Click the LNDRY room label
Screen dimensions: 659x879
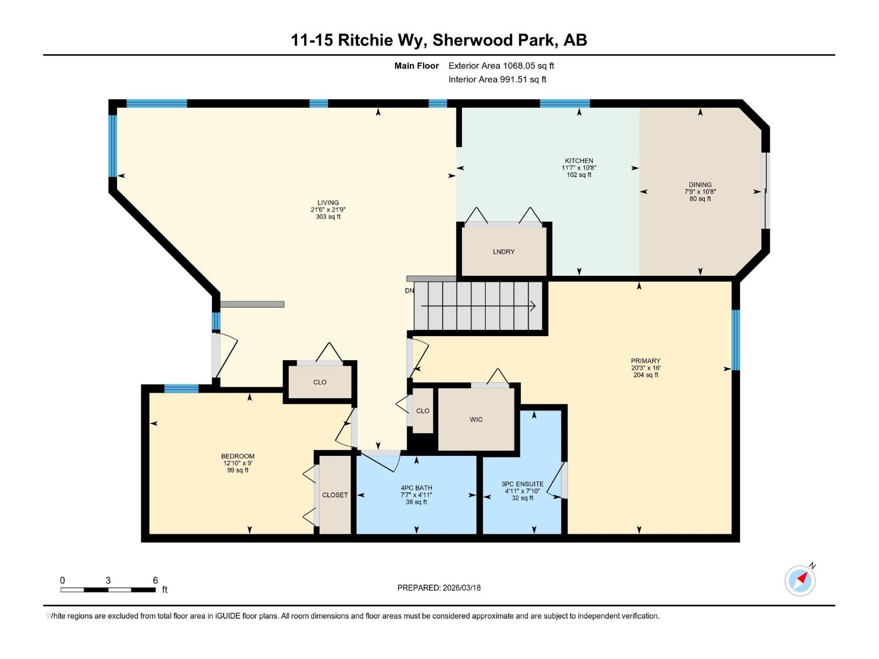(x=503, y=252)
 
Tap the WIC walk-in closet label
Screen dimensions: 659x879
(x=476, y=420)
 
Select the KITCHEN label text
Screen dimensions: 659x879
(x=578, y=161)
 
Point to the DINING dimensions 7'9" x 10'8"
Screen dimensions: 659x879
(x=700, y=192)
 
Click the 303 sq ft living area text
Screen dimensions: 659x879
(x=328, y=217)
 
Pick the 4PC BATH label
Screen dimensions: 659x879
(x=416, y=488)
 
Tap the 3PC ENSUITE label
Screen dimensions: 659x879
(x=522, y=484)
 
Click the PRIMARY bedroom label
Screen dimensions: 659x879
(x=645, y=361)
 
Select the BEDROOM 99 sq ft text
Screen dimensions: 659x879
(x=238, y=470)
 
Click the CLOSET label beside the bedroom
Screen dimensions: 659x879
(x=335, y=495)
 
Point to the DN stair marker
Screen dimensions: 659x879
(x=409, y=291)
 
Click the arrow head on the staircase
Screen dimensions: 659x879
(x=533, y=306)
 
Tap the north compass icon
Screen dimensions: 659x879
(x=800, y=580)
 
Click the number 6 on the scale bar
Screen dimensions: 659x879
(x=155, y=580)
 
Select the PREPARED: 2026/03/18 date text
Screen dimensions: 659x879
(x=439, y=588)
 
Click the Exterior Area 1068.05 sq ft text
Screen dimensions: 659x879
(x=501, y=66)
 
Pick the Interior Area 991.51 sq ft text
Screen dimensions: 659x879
(x=497, y=80)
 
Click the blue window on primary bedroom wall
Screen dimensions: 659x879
(x=736, y=340)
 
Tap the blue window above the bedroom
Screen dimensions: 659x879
(x=181, y=389)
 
